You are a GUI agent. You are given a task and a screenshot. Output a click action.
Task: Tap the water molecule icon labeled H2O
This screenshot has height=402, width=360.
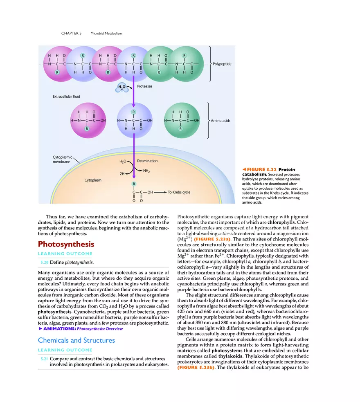(x=122, y=87)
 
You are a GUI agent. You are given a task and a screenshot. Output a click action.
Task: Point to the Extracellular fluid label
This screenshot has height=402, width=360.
(x=66, y=97)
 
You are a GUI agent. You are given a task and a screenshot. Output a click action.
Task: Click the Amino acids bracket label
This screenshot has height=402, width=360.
(x=220, y=121)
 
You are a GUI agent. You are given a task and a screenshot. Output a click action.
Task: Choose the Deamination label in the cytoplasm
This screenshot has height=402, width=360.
(x=147, y=161)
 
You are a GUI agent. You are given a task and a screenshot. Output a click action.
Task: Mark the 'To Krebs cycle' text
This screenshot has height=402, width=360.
(x=179, y=192)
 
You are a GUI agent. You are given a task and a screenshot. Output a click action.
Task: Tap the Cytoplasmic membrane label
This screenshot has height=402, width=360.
(x=62, y=159)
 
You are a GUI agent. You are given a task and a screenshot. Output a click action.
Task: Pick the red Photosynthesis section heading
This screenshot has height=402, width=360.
(x=66, y=244)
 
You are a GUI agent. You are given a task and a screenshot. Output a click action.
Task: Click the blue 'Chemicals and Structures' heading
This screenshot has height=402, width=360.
(x=76, y=340)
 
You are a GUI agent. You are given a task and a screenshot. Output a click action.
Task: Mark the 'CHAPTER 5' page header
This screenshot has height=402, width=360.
(x=72, y=33)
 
